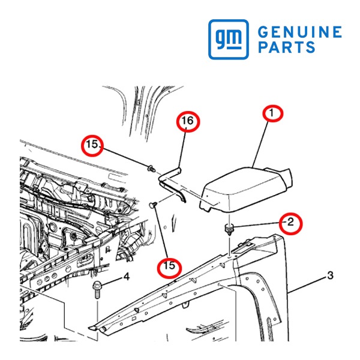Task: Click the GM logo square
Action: click(229, 39)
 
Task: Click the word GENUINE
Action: click(300, 32)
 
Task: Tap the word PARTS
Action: click(287, 47)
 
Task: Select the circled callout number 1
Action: click(273, 113)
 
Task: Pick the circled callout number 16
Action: click(188, 121)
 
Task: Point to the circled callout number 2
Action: click(290, 223)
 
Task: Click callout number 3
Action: click(330, 275)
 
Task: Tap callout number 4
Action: click(127, 277)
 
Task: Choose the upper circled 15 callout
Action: click(92, 145)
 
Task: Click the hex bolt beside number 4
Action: click(97, 290)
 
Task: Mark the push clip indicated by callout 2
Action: click(229, 229)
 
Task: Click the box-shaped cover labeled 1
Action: click(245, 190)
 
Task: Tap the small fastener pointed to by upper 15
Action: click(151, 169)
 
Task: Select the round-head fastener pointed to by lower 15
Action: click(153, 204)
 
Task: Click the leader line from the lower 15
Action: click(161, 232)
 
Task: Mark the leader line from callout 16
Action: click(183, 150)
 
